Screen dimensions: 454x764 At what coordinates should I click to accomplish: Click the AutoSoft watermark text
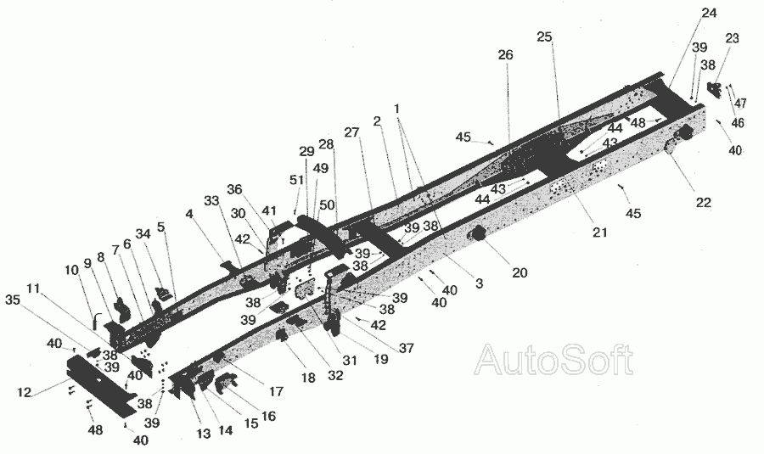tap(553, 361)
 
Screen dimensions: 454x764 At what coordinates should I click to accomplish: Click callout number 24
tap(709, 13)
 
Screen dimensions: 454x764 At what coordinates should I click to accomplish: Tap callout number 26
tap(505, 55)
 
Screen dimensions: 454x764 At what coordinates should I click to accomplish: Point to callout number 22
tap(703, 202)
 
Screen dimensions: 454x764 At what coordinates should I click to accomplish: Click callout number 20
tap(520, 272)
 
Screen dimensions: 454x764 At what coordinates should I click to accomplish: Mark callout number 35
tap(12, 300)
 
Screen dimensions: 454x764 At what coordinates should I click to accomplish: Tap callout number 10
tap(70, 269)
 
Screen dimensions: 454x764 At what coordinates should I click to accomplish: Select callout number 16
tap(269, 416)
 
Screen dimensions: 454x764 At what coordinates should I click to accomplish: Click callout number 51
tap(296, 180)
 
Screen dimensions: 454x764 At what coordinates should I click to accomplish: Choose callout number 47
tap(741, 104)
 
